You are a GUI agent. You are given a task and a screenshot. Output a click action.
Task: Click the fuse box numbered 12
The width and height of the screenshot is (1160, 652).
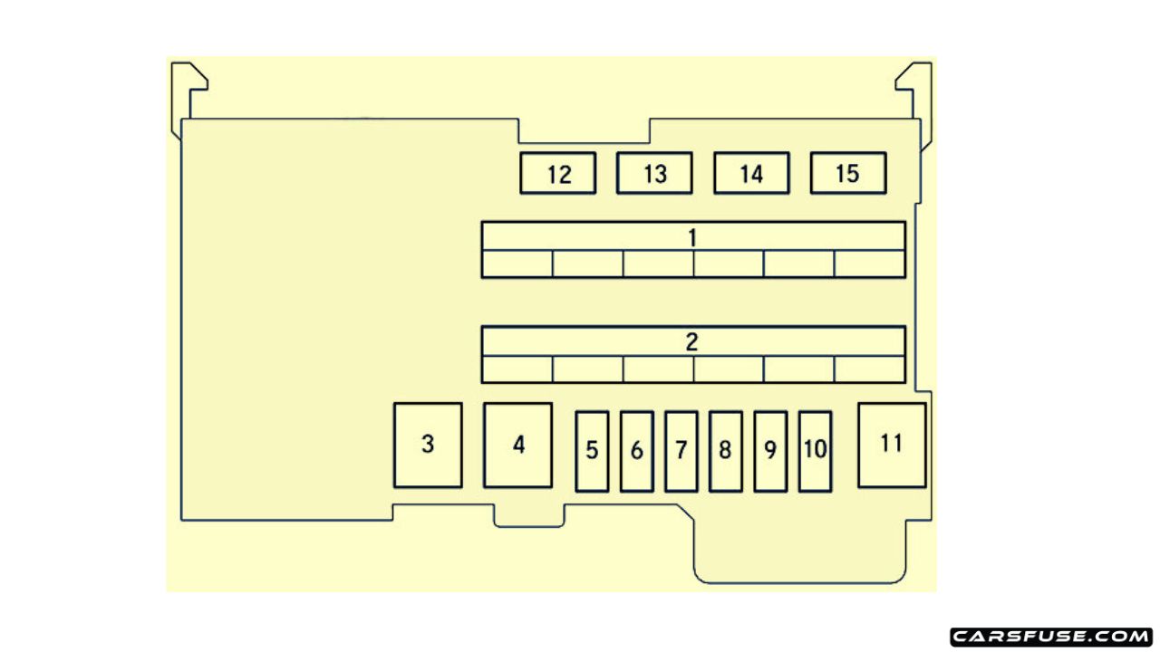tap(558, 174)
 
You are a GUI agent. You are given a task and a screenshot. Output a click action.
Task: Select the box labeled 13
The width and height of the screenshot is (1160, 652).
tap(654, 173)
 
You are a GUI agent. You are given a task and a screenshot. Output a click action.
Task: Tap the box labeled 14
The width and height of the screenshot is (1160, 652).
tap(751, 173)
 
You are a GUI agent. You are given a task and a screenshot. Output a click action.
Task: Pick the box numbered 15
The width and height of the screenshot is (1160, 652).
tap(847, 173)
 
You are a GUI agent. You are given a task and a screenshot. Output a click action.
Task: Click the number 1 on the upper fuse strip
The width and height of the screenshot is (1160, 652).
tap(692, 237)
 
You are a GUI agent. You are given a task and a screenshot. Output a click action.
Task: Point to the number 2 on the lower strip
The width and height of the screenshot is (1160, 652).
tap(692, 342)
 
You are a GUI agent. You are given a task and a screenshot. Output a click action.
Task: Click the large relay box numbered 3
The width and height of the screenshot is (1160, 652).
tap(428, 446)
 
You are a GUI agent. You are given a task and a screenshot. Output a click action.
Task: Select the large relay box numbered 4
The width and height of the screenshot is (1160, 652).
tap(517, 446)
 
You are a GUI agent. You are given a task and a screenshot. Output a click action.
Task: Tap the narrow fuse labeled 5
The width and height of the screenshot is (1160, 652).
tap(592, 451)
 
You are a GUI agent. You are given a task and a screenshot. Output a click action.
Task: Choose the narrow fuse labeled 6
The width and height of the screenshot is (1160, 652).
tap(636, 451)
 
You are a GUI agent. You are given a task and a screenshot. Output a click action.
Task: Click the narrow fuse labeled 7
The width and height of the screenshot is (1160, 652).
tap(681, 451)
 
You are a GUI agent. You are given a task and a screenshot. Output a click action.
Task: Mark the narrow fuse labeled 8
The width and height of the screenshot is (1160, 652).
tap(725, 451)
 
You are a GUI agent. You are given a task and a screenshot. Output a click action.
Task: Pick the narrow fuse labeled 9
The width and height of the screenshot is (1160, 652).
tap(770, 451)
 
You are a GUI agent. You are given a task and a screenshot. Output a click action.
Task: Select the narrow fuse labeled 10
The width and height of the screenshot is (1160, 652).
tap(815, 451)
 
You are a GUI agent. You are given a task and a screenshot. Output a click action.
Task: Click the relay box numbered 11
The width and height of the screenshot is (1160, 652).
tap(892, 446)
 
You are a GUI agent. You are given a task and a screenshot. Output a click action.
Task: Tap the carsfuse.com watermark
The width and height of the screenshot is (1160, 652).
tap(1051, 637)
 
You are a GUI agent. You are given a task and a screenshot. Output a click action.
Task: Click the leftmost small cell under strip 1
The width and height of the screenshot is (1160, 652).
tap(517, 264)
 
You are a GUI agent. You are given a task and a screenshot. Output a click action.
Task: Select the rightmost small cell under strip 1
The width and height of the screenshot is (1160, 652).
tap(869, 264)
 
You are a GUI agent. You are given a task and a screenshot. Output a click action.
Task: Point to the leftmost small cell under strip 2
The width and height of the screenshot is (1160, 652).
tap(517, 369)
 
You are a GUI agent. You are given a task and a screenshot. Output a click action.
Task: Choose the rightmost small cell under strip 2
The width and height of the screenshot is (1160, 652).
tap(869, 369)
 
